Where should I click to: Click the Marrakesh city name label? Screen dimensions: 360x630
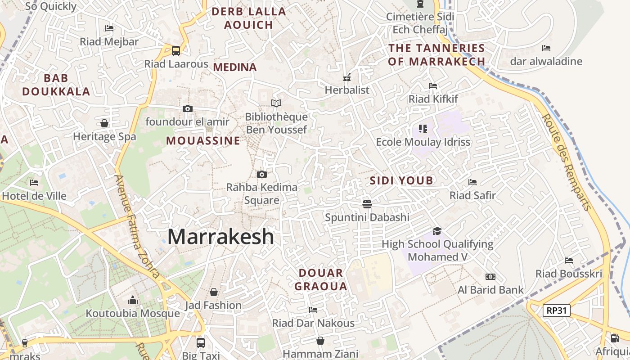[220, 237]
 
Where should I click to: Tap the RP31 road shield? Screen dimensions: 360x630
[557, 310]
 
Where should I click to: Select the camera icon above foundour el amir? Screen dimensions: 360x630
[188, 108]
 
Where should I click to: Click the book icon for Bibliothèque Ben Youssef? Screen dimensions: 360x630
[276, 103]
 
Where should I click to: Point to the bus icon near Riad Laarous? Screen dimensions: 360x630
[176, 50]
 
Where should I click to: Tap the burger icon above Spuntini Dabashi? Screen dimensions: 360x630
[367, 204]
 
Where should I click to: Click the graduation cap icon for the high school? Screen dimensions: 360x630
[437, 231]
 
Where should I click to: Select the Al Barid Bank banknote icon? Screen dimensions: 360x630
[490, 277]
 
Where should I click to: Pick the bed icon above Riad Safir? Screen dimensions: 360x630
[472, 182]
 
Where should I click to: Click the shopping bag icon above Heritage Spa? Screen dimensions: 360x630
[104, 123]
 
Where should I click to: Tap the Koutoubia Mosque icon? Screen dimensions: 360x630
[133, 300]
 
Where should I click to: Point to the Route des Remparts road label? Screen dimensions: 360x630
[567, 162]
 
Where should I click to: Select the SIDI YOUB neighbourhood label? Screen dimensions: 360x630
[401, 181]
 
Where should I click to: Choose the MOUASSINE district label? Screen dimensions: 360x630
[203, 141]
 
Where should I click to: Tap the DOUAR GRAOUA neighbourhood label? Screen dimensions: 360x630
[321, 279]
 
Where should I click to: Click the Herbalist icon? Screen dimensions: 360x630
[347, 77]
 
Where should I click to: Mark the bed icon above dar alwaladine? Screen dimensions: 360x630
[546, 48]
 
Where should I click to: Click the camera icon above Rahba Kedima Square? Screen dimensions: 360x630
[261, 174]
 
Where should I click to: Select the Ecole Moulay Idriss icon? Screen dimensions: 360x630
[423, 129]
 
